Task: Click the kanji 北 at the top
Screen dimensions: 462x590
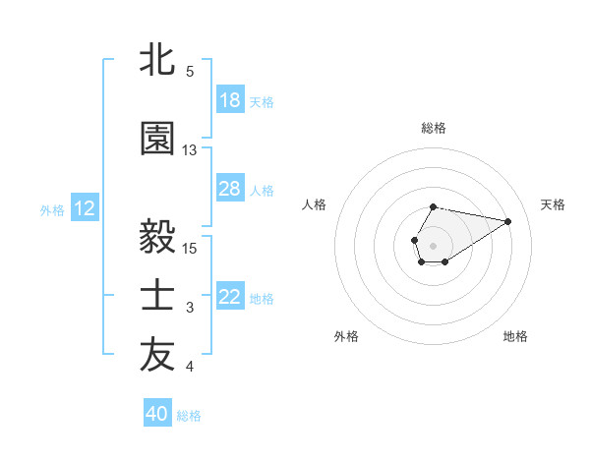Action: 157,60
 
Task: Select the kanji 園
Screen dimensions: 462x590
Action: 157,139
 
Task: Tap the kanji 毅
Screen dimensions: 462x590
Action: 157,237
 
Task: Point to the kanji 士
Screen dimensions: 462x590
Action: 157,297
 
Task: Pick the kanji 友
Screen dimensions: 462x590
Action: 157,357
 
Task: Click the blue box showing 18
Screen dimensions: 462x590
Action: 229,99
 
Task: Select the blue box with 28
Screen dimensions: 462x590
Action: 229,189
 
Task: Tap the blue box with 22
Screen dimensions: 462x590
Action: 229,297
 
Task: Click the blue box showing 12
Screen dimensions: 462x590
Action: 85,208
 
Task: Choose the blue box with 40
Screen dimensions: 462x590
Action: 157,414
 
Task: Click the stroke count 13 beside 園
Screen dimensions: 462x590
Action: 190,150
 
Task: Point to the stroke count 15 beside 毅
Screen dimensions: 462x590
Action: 190,248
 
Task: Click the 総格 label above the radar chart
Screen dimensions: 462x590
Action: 433,128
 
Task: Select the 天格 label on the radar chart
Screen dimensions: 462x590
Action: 553,204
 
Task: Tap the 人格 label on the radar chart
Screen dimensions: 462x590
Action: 315,204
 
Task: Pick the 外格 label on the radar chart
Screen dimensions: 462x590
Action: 346,336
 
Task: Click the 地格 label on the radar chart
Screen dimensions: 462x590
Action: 515,336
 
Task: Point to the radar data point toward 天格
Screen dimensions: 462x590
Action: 508,220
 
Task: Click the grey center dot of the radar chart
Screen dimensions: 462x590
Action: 433,244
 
